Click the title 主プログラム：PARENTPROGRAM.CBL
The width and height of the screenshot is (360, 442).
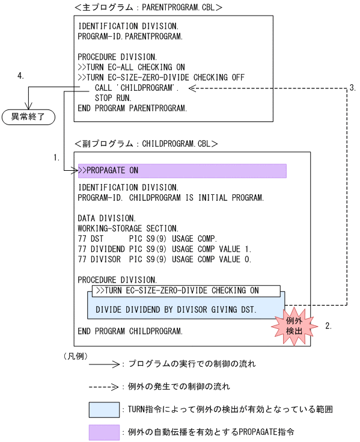(148, 8)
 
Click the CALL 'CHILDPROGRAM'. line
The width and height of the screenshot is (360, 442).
(138, 88)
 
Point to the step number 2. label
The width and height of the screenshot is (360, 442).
(328, 327)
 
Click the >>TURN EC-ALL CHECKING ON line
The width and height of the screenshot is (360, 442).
(132, 67)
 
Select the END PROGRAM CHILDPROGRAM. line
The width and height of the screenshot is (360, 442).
(130, 331)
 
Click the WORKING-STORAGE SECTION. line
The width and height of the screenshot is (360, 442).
(128, 229)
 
